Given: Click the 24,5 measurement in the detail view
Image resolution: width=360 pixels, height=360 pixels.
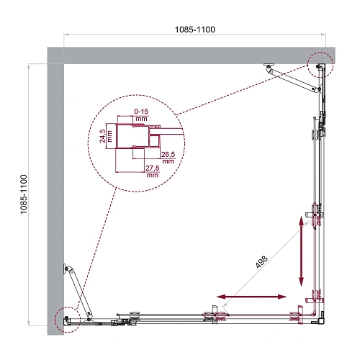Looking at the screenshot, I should click(x=104, y=135).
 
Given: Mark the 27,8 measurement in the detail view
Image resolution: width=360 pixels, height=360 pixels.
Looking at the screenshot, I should click(x=152, y=170).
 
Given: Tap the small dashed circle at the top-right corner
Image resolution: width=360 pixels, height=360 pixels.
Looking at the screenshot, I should click(x=319, y=64).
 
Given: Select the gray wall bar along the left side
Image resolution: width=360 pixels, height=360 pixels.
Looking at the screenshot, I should click(x=55, y=194).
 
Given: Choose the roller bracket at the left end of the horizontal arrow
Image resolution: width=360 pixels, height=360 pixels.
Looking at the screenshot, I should click(x=212, y=315).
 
